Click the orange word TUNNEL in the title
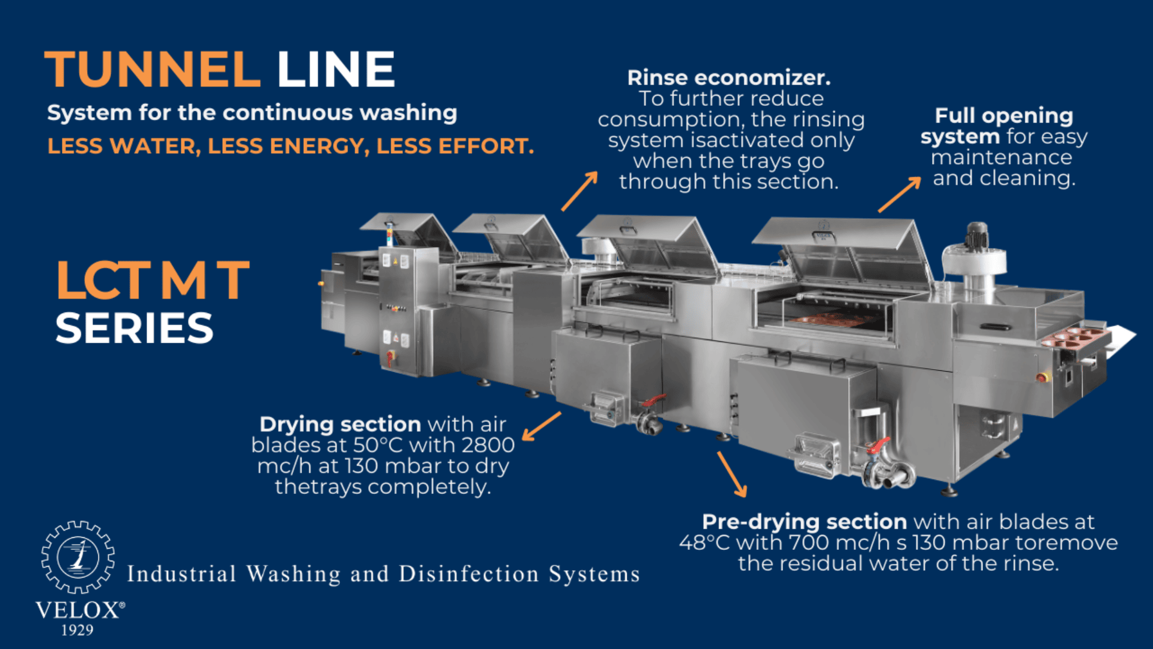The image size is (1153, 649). (x=153, y=70)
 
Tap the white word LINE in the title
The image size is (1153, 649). (x=336, y=70)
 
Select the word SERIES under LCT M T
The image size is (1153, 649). (x=135, y=329)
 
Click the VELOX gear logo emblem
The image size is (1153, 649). (x=78, y=557)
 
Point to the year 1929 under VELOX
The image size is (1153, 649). (x=77, y=630)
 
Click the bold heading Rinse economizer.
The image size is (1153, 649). (x=728, y=78)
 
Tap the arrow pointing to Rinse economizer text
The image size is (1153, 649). (x=580, y=190)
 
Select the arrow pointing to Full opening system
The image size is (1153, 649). (x=900, y=195)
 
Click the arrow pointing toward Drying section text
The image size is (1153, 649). (x=541, y=426)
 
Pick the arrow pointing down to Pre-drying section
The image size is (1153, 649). (x=732, y=474)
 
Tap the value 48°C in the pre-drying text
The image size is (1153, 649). (x=704, y=543)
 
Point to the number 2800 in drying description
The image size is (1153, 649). (x=489, y=445)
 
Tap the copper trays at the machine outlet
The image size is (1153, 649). (x=1075, y=337)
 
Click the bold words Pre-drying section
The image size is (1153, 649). (x=804, y=522)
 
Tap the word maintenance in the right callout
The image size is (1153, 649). (x=1001, y=157)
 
